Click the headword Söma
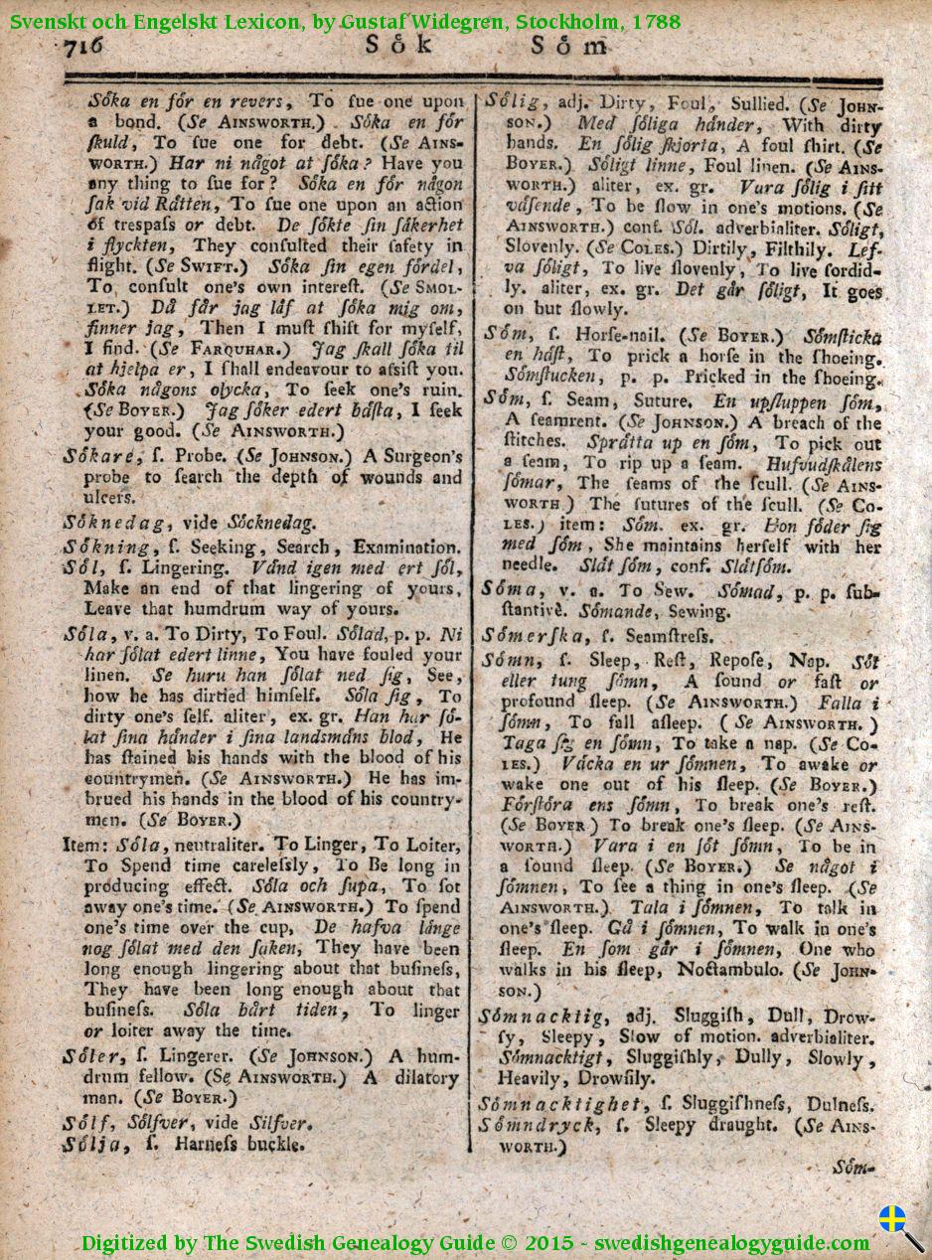(x=510, y=590)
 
